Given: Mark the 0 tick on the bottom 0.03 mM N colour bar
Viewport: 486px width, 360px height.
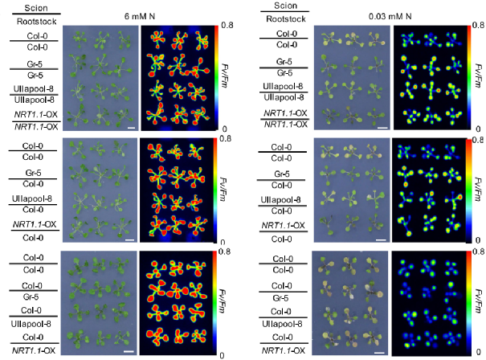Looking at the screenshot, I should [x=478, y=354].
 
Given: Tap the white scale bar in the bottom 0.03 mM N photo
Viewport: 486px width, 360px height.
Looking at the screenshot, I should [x=382, y=351].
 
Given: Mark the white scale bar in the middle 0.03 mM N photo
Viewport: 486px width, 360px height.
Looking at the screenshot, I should [x=382, y=239].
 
